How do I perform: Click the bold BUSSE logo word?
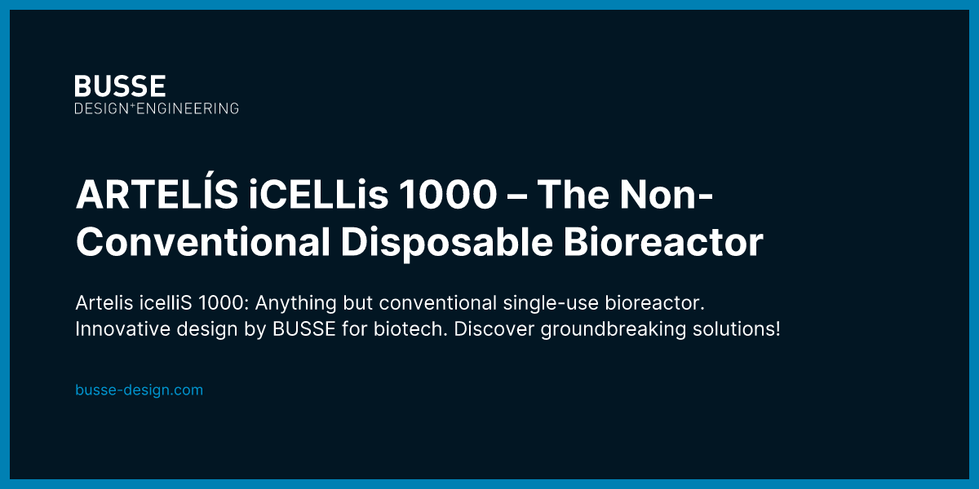[x=120, y=86]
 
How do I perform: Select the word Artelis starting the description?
[x=101, y=304]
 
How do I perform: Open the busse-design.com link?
[x=139, y=390]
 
